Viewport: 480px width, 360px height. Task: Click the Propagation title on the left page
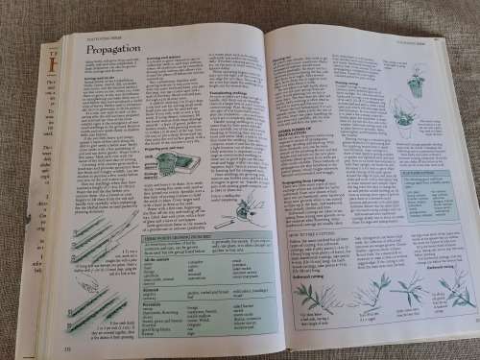click(x=113, y=47)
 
